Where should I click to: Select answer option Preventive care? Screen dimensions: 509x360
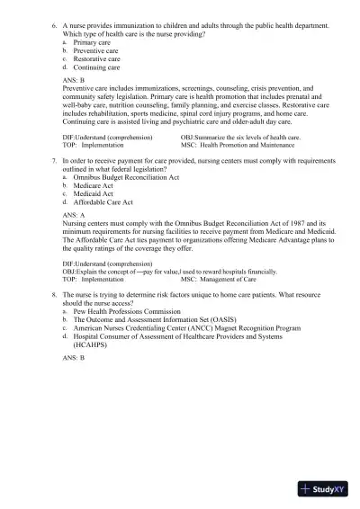point(95,50)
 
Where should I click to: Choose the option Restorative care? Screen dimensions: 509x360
point(96,58)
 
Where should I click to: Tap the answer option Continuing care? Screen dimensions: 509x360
point(96,67)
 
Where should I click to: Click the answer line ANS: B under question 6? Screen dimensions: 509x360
point(74,80)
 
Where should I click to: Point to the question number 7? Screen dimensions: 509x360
point(54,157)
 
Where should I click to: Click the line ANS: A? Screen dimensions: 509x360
point(74,216)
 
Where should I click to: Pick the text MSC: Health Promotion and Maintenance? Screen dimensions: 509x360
point(237,144)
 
